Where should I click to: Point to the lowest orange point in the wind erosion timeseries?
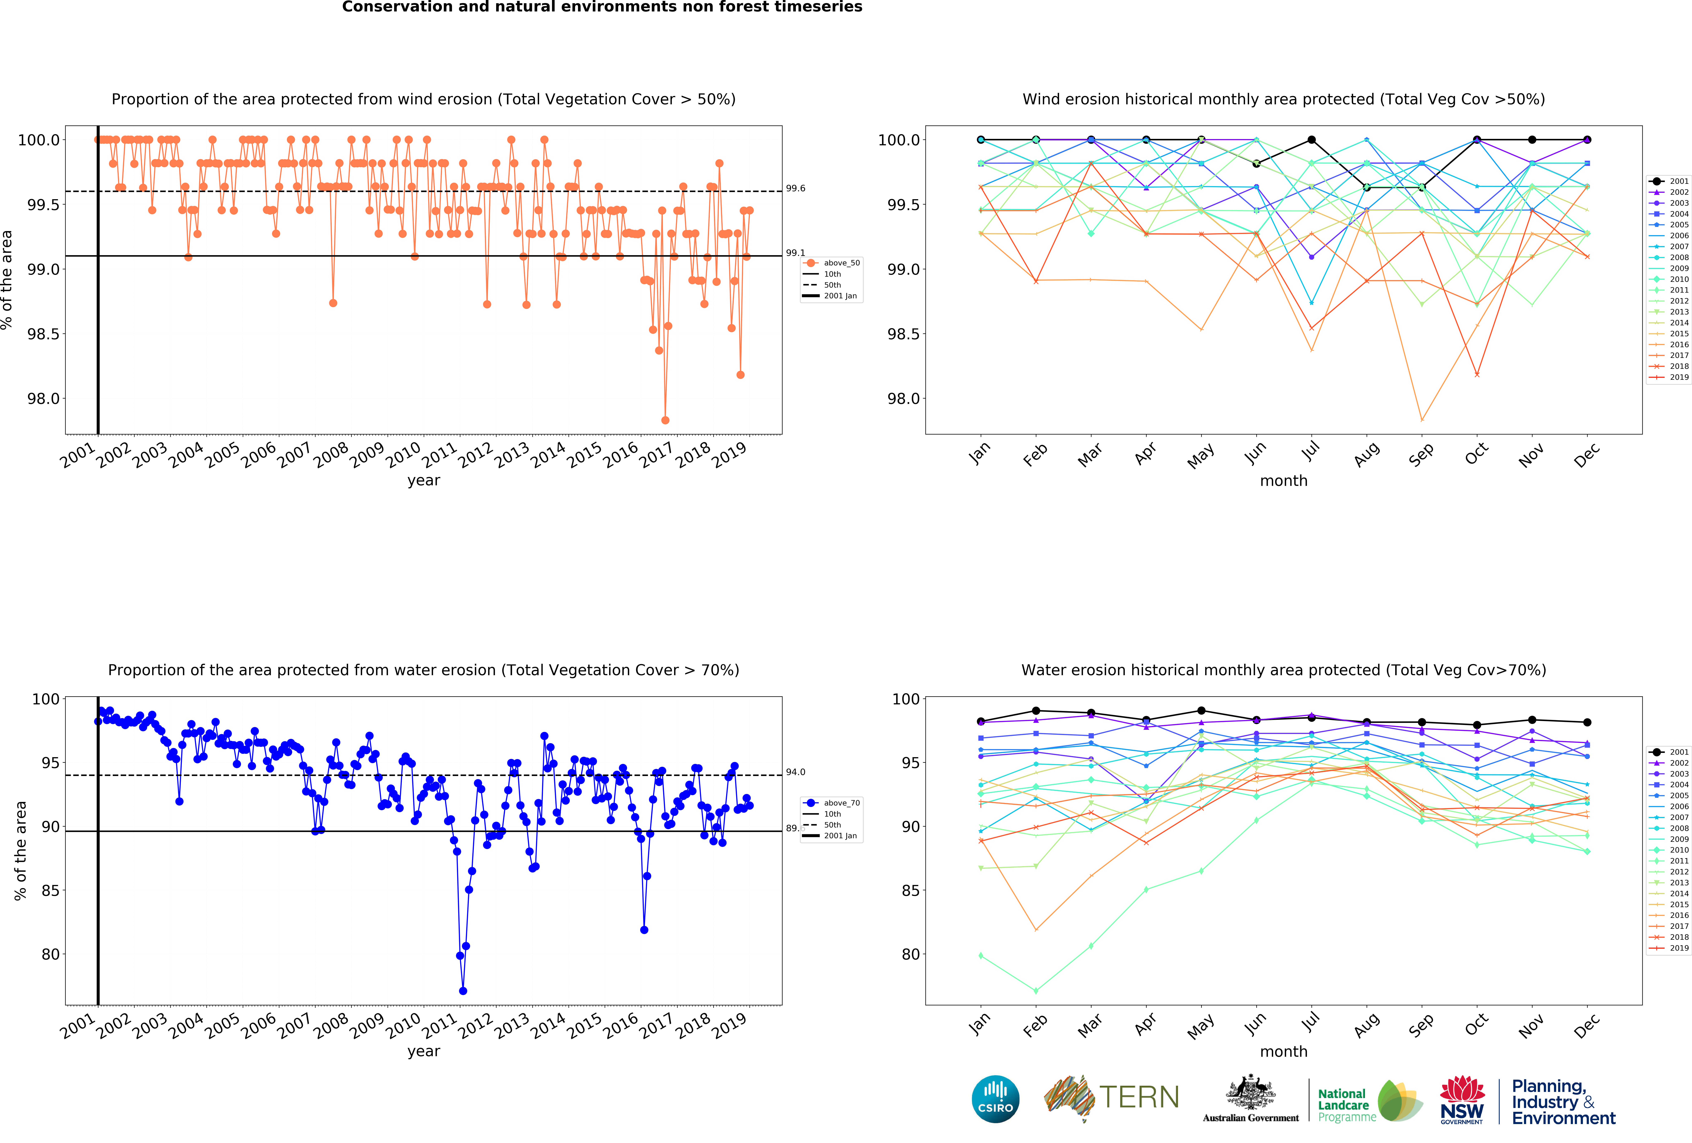pos(665,420)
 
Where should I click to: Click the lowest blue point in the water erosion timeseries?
pos(463,991)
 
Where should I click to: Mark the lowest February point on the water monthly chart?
pos(1035,991)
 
